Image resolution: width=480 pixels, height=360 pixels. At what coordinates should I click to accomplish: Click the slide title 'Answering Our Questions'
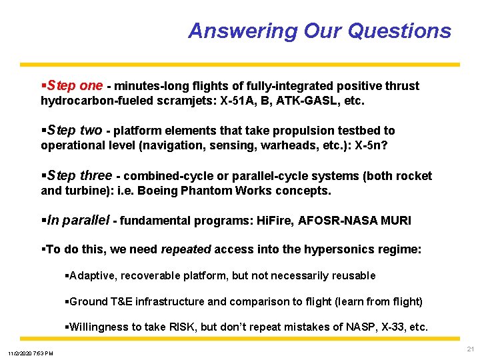point(319,31)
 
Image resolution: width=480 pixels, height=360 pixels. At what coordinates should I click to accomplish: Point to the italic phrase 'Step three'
point(79,176)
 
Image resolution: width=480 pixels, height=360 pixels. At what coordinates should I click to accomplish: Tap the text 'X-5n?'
point(373,145)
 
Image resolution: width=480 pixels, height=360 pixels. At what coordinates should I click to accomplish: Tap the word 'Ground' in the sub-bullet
point(89,301)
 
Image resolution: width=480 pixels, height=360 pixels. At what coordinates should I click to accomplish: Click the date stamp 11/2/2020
point(20,353)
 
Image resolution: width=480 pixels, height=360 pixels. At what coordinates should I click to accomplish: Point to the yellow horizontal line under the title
point(240,65)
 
